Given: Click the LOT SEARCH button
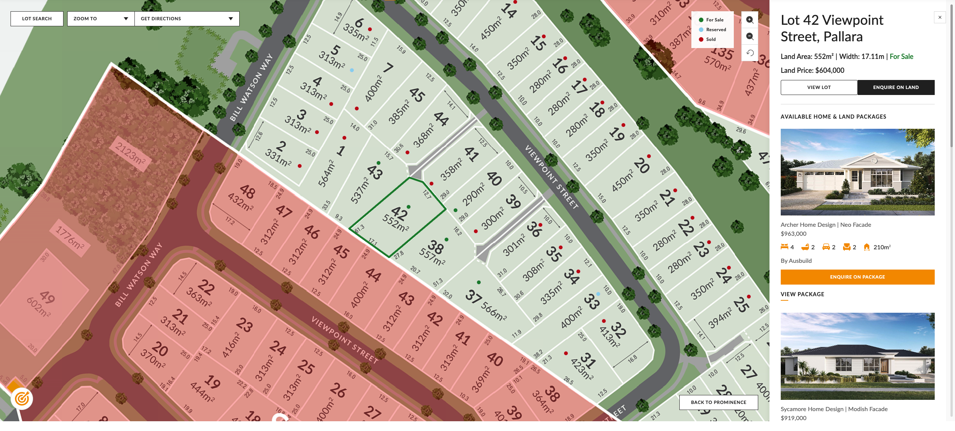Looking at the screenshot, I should [37, 19].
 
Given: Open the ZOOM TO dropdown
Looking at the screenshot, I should [101, 19].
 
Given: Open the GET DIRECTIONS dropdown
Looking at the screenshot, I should [187, 19].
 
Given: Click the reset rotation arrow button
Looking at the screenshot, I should [750, 53].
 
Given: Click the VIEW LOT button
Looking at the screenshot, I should [819, 87].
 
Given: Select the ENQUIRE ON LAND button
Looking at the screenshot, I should [896, 87].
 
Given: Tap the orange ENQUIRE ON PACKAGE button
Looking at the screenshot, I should [857, 277].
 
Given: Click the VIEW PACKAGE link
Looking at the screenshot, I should [802, 294].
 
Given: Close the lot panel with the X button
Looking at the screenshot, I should [940, 17].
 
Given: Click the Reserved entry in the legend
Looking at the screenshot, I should [716, 30].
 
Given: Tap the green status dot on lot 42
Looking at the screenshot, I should [409, 207].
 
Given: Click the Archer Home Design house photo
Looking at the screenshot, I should [857, 172].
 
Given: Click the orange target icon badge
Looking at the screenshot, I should [22, 398].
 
